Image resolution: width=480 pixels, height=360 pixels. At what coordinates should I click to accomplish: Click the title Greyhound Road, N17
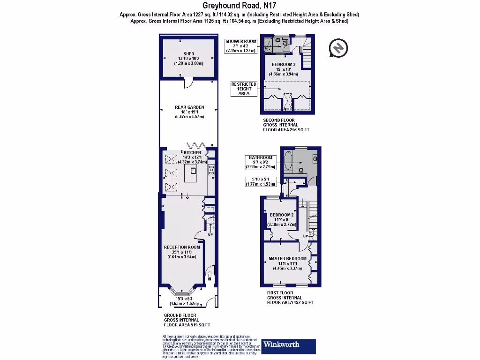tap(240, 6)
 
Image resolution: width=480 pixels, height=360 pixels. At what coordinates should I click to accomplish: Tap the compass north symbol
tap(338, 48)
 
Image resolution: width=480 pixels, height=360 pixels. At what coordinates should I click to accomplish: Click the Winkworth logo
tap(288, 345)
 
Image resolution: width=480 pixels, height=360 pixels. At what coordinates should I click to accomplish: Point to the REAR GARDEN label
tap(189, 112)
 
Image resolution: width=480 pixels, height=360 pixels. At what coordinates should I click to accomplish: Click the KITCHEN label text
tap(192, 153)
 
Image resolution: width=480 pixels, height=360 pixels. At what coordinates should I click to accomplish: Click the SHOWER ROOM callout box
tap(241, 46)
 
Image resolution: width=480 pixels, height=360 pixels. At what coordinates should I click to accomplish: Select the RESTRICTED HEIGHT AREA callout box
tap(244, 89)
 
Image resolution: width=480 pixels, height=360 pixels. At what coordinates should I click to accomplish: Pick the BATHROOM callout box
tap(261, 162)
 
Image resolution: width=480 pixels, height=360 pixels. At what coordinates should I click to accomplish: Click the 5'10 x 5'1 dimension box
tap(261, 181)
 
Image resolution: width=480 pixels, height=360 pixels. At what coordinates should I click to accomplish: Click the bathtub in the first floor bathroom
tap(288, 161)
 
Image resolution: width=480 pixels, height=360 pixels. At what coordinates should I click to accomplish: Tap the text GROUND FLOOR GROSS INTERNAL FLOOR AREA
tap(187, 320)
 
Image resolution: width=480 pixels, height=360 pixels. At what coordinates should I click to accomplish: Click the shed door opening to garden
tap(188, 83)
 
